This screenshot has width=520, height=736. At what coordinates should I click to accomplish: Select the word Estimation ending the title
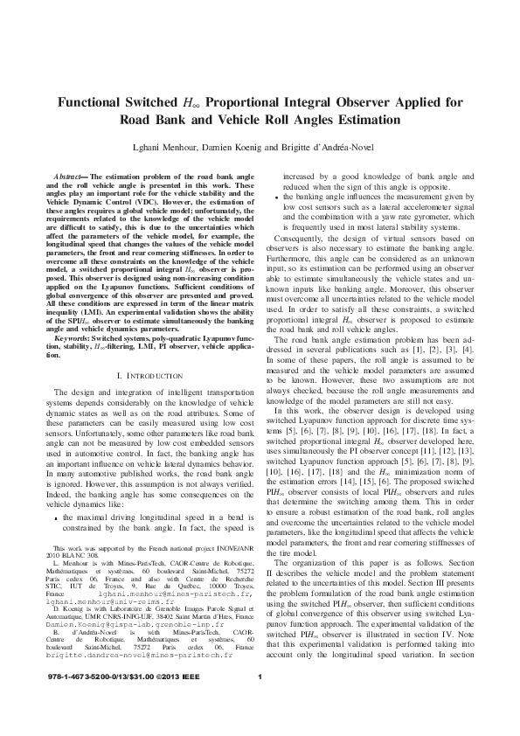click(382, 121)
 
